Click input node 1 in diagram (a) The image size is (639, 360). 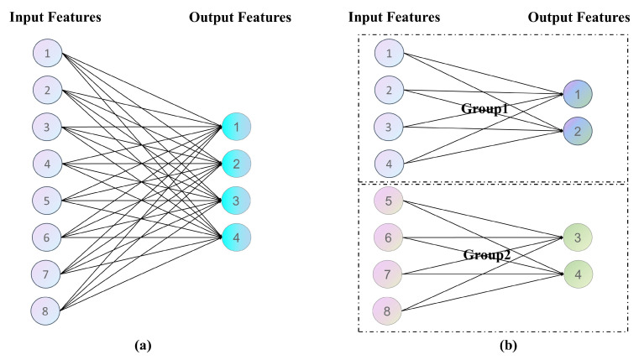[x=47, y=53]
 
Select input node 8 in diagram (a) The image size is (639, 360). [x=45, y=311]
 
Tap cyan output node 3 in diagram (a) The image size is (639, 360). [x=236, y=201]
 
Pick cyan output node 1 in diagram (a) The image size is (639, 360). [x=236, y=127]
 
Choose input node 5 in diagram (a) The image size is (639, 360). [x=47, y=201]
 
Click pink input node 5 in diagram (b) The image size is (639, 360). [x=389, y=201]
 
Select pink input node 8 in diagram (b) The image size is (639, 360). [x=387, y=311]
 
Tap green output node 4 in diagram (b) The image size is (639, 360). [x=578, y=274]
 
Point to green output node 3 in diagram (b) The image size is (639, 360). [x=578, y=237]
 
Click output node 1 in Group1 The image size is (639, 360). [x=578, y=94]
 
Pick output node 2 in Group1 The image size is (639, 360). [x=578, y=131]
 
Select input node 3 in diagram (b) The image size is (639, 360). [x=389, y=127]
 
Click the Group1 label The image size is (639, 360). [x=484, y=109]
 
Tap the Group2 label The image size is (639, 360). [x=487, y=255]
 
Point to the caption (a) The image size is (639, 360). [x=143, y=346]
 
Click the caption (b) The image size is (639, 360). [x=508, y=346]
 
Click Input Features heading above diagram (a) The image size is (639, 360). [x=55, y=17]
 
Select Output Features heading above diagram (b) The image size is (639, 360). [x=579, y=17]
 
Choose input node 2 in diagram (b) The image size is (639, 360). [x=389, y=90]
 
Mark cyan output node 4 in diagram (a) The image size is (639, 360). [x=236, y=237]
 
